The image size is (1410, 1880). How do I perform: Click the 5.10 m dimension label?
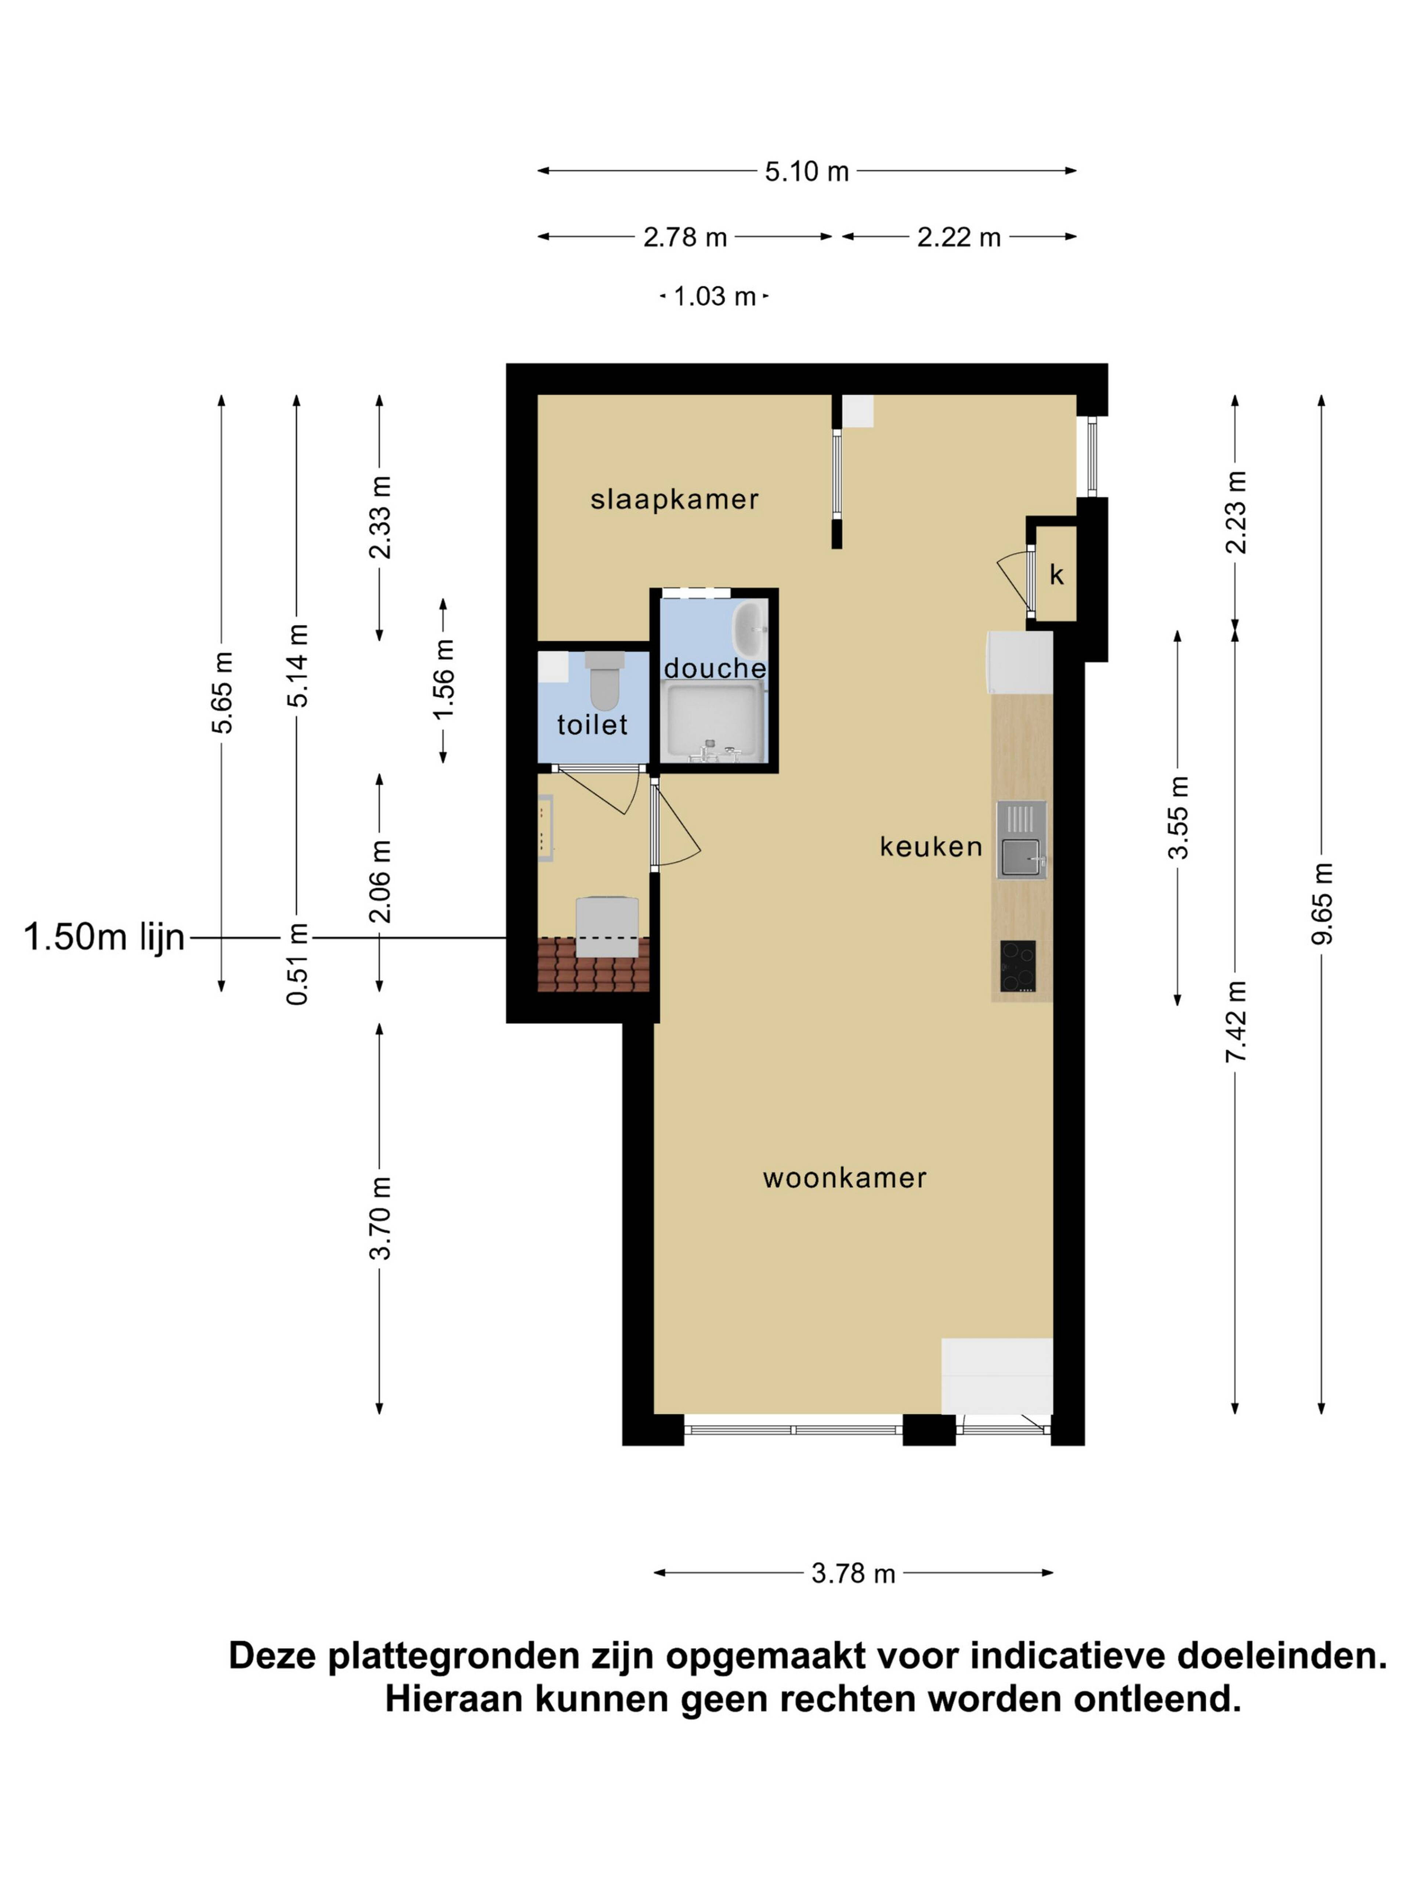click(x=807, y=172)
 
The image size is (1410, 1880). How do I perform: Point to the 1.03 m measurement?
click(x=714, y=297)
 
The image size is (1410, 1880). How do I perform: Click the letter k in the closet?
click(x=1056, y=575)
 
